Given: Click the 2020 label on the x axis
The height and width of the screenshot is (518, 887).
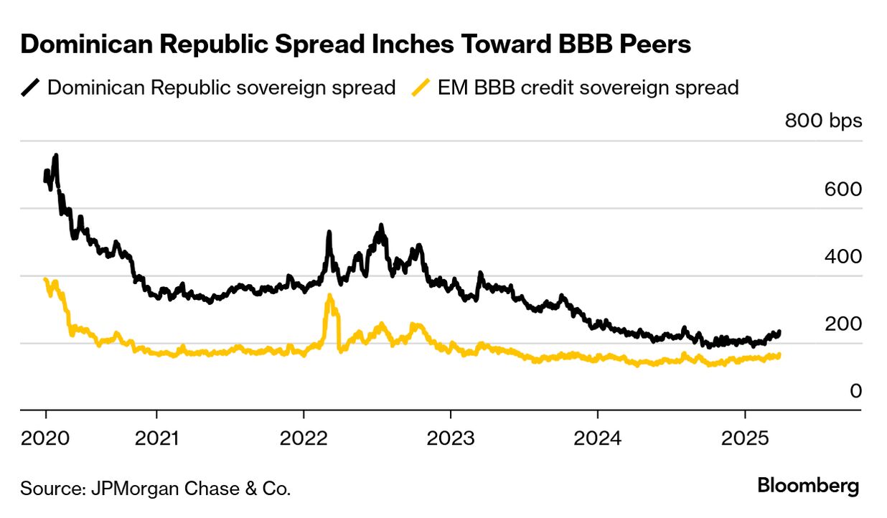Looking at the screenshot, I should [x=45, y=437].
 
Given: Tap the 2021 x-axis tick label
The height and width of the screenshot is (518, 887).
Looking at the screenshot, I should [x=156, y=437].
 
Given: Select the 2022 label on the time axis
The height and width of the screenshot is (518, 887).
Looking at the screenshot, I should [x=304, y=437].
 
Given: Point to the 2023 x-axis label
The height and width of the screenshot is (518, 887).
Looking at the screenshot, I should [x=450, y=437].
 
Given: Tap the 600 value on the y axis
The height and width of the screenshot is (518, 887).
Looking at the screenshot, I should [x=843, y=189].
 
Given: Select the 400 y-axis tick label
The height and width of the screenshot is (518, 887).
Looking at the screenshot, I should [x=843, y=257].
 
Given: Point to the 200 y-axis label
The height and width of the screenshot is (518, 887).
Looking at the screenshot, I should [x=843, y=324].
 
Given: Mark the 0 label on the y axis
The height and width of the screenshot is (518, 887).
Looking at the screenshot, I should [x=855, y=392].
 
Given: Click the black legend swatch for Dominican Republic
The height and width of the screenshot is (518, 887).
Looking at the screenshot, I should [x=31, y=88].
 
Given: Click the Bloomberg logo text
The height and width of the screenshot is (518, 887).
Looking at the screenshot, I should [x=808, y=486].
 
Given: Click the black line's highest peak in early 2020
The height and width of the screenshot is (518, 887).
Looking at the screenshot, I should [x=55, y=156].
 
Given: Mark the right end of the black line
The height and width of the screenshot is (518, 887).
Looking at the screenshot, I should [x=779, y=332].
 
